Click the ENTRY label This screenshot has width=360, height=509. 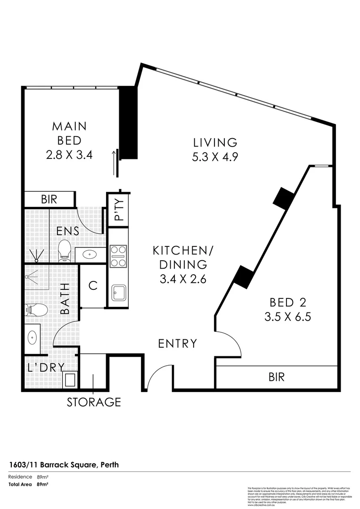click(177, 344)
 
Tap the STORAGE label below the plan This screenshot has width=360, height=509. click(94, 402)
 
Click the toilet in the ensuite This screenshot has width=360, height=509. click(64, 251)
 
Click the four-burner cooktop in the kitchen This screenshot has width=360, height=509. click(118, 256)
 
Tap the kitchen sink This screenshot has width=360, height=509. click(118, 292)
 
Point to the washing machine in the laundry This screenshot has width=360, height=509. click(71, 379)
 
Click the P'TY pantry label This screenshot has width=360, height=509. click(118, 210)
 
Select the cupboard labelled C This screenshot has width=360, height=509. click(93, 286)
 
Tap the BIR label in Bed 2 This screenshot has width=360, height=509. click(276, 377)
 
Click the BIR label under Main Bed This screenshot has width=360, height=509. click(49, 199)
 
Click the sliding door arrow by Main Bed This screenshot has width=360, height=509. click(114, 163)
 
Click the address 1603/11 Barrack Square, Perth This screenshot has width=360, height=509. click(64, 465)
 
